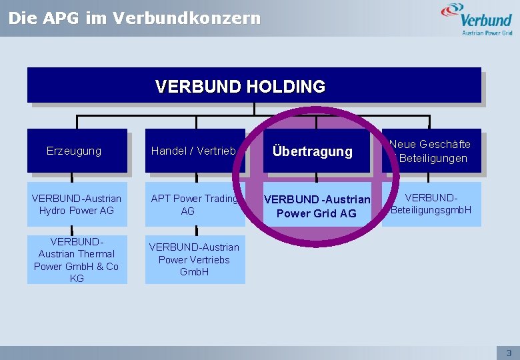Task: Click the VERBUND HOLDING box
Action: tap(253, 85)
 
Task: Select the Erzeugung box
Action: tap(77, 151)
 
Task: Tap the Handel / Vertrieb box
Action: tap(194, 151)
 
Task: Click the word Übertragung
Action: tap(312, 151)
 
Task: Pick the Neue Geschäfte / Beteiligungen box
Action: tap(431, 151)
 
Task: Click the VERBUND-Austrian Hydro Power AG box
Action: tap(77, 204)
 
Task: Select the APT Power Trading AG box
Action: tap(194, 204)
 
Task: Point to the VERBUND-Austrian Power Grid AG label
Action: tap(317, 207)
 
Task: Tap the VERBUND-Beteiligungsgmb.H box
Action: tap(431, 204)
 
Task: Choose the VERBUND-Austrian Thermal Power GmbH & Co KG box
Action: tap(77, 259)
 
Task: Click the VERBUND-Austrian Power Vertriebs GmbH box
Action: tap(194, 259)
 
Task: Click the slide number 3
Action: tap(509, 353)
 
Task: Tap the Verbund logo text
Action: tap(487, 19)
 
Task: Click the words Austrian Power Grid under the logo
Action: tap(487, 32)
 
